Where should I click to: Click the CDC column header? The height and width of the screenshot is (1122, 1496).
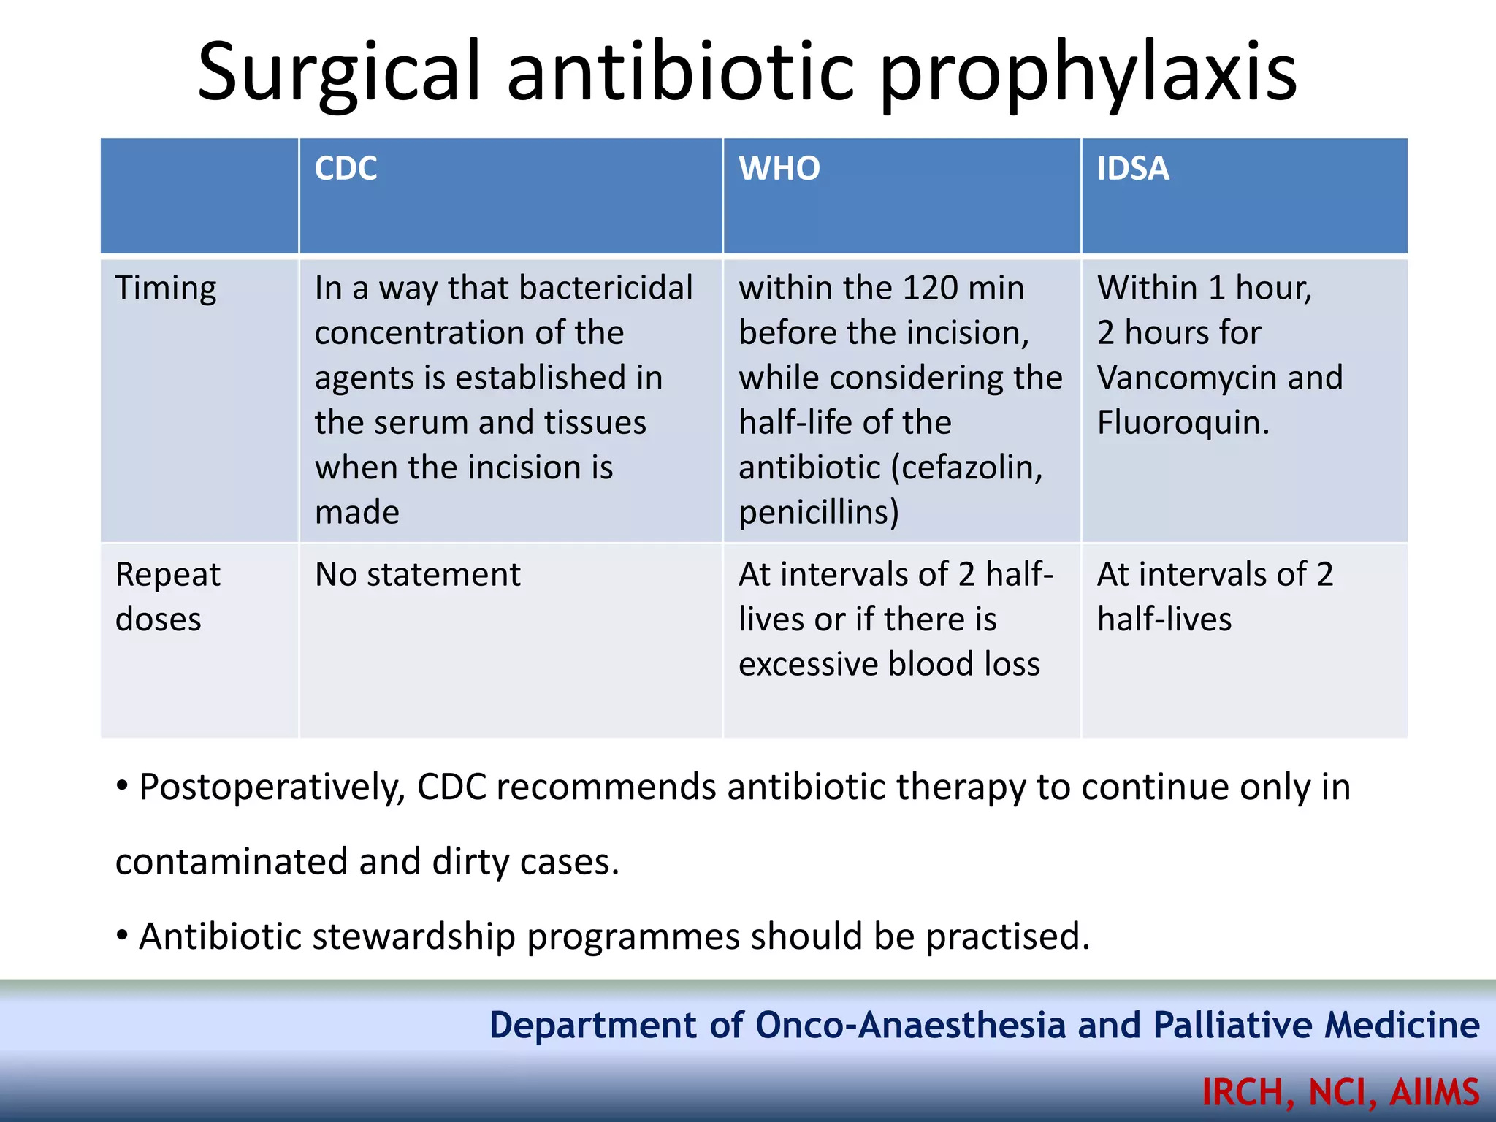pos(346,169)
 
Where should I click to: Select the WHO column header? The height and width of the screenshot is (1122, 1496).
pos(779,169)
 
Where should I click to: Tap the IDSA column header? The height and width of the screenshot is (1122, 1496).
pos(1132,169)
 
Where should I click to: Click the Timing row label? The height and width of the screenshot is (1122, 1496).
pos(166,289)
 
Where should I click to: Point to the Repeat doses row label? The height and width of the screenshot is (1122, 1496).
pos(167,597)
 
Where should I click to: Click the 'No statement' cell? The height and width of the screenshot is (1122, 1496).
pos(417,575)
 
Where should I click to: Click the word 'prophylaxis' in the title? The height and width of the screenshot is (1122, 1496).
pos(1088,73)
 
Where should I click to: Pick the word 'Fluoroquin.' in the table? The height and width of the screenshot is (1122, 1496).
pos(1183,423)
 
